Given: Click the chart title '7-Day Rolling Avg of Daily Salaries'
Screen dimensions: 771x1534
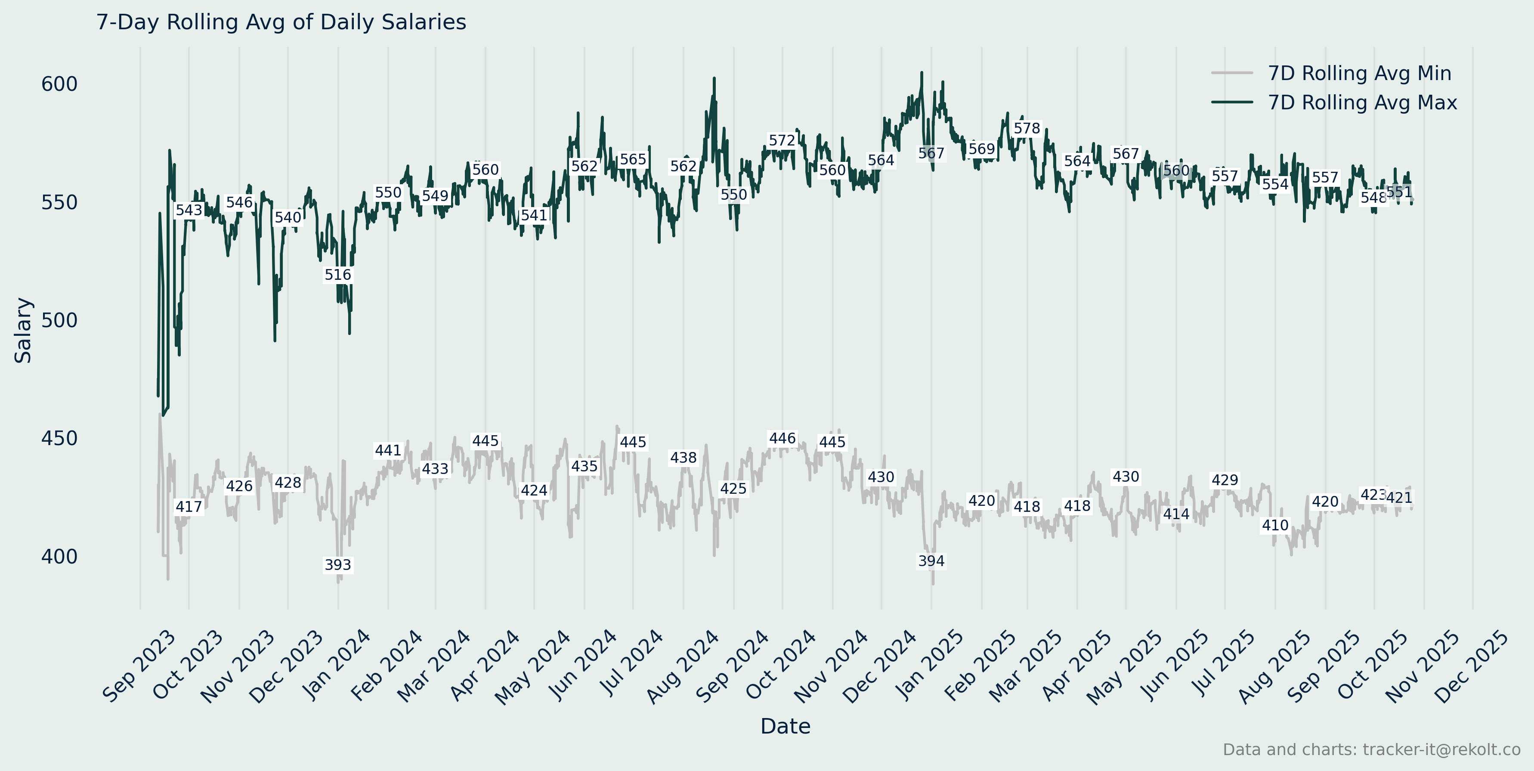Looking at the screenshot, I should tap(281, 22).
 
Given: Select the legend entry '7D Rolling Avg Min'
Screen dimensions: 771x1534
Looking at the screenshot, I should tap(1359, 73).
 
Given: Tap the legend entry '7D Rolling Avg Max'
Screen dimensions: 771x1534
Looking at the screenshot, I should tap(1362, 102).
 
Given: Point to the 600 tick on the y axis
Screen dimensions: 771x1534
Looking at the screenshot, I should tap(59, 84).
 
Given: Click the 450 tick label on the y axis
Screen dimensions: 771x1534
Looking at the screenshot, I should tap(59, 438).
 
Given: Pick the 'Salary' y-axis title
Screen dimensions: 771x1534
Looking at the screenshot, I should tap(23, 331).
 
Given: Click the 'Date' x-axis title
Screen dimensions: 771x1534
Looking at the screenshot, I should tap(785, 726).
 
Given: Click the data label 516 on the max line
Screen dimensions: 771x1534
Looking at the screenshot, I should tap(337, 275).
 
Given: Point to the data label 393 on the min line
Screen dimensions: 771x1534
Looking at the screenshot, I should tap(337, 564).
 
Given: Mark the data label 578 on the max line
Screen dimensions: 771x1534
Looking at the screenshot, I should tap(1027, 128).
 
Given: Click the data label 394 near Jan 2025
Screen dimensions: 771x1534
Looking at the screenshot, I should tap(931, 561).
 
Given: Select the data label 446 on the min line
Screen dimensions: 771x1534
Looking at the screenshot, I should tap(782, 438).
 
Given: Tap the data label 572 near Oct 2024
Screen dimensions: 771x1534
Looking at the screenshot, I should tap(782, 140).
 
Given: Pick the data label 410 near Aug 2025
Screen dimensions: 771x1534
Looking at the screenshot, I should tap(1275, 525).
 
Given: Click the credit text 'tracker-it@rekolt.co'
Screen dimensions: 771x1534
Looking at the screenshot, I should tap(1441, 749).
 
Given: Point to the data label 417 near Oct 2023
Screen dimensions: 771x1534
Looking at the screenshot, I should tap(189, 507).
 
